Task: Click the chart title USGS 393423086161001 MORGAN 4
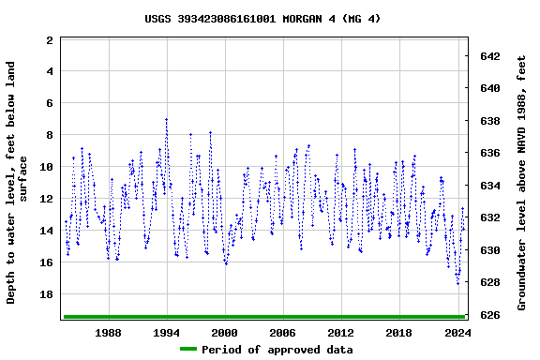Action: [262, 18]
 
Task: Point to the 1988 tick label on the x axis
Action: [109, 332]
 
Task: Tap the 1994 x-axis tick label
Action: [167, 332]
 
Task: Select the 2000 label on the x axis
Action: [225, 332]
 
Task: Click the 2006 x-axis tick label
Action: [283, 332]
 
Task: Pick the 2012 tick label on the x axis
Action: [341, 332]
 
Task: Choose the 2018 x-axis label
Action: [399, 332]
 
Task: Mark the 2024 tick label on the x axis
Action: [457, 332]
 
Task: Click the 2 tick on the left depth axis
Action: [49, 40]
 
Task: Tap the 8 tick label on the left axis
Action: [49, 135]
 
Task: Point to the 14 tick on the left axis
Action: [45, 231]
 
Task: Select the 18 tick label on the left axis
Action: [45, 294]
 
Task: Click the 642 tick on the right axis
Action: [489, 56]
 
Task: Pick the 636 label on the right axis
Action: [489, 153]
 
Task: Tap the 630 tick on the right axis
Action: [489, 250]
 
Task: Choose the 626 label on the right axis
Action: [489, 315]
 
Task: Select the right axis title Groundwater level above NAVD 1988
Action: [521, 182]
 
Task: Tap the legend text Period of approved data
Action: [277, 350]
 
